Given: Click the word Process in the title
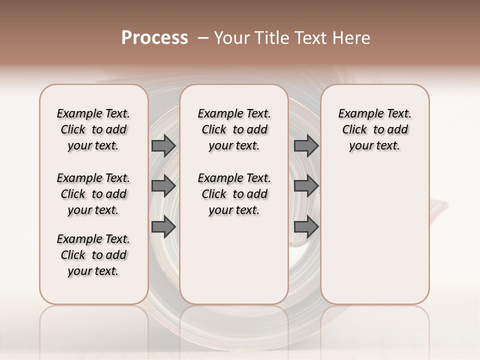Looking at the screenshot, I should tap(154, 38).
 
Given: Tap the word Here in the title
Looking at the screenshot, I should tap(352, 38).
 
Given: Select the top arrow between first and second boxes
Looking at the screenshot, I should tap(163, 145).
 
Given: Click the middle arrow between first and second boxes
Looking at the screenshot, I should tap(163, 186).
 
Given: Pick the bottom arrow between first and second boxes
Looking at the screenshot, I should tap(163, 226).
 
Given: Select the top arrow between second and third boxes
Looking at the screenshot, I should tap(306, 145).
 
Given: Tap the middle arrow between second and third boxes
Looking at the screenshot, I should tap(306, 186).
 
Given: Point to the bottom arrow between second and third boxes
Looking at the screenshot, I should tap(306, 226).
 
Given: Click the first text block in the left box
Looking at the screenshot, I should tap(93, 129).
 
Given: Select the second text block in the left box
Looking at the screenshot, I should tap(93, 194).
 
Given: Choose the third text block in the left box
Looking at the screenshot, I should tap(93, 255).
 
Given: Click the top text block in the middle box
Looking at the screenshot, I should tap(234, 129).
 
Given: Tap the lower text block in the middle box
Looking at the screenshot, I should tap(234, 194).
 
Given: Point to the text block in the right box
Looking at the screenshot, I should tap(375, 129).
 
